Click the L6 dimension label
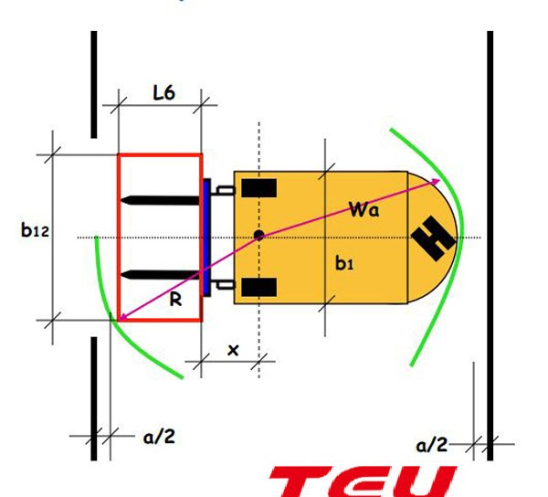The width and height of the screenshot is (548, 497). (x=163, y=92)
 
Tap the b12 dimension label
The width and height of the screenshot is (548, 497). (x=35, y=230)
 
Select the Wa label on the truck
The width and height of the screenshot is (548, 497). (x=364, y=209)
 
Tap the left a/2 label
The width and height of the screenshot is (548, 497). (x=158, y=437)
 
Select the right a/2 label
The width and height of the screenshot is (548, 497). (x=432, y=445)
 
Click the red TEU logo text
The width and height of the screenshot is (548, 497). (x=365, y=480)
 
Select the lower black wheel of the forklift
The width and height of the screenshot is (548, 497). (x=259, y=288)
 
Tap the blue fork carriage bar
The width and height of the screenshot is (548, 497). (x=206, y=237)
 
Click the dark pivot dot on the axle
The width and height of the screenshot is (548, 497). (x=259, y=236)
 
